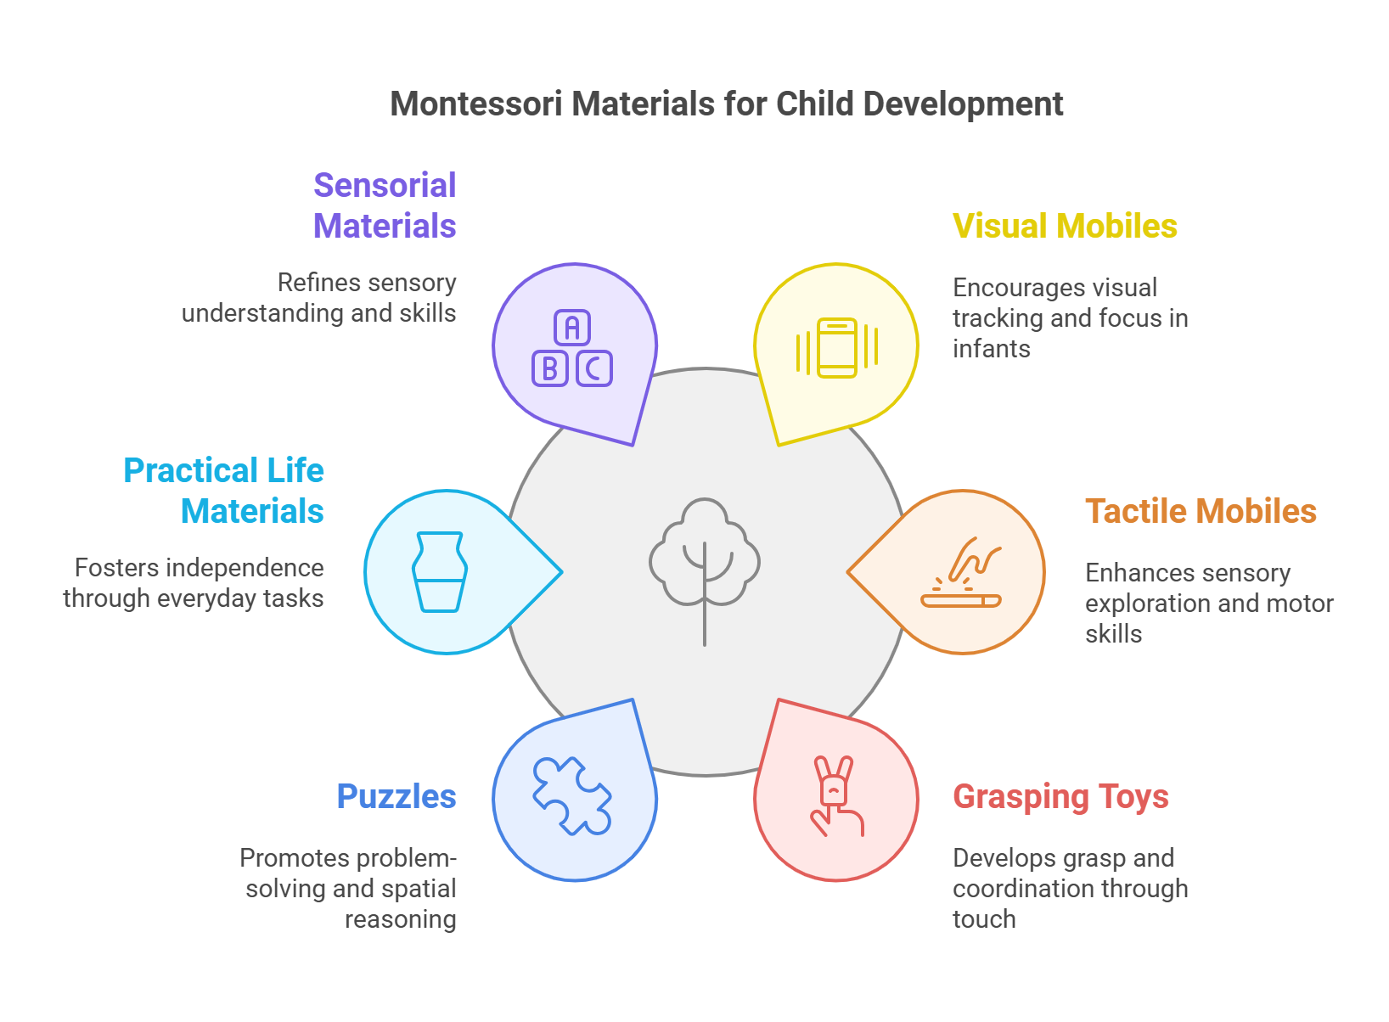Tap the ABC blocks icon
[x=572, y=349]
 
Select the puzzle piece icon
[x=571, y=795]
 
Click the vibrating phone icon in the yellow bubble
[x=837, y=348]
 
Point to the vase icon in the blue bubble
[x=439, y=571]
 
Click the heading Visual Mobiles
[x=1065, y=226]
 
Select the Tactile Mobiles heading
[x=1201, y=511]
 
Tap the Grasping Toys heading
[x=1060, y=796]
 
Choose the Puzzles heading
[x=396, y=796]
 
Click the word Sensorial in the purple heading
[x=385, y=185]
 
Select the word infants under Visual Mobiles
[x=991, y=348]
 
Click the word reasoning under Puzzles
[x=400, y=918]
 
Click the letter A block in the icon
[x=572, y=328]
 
